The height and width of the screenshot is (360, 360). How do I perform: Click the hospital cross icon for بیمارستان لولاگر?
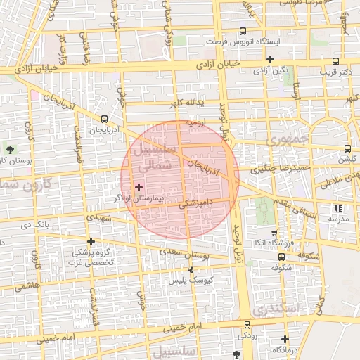139,188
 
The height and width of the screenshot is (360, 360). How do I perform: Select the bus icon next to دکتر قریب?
336,60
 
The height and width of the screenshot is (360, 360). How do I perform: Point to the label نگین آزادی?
271,70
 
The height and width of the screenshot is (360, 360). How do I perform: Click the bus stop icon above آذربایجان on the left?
104,119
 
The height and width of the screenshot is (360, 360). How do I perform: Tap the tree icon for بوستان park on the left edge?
10,149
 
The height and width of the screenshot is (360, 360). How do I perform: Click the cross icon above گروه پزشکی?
90,240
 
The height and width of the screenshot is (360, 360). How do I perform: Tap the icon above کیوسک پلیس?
191,269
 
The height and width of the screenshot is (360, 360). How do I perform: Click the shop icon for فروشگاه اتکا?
274,233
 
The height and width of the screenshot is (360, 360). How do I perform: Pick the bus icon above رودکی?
246,325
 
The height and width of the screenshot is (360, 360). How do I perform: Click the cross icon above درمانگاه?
285,339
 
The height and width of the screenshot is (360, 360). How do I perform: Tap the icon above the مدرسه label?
338,208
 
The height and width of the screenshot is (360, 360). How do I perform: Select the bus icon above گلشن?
348,148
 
